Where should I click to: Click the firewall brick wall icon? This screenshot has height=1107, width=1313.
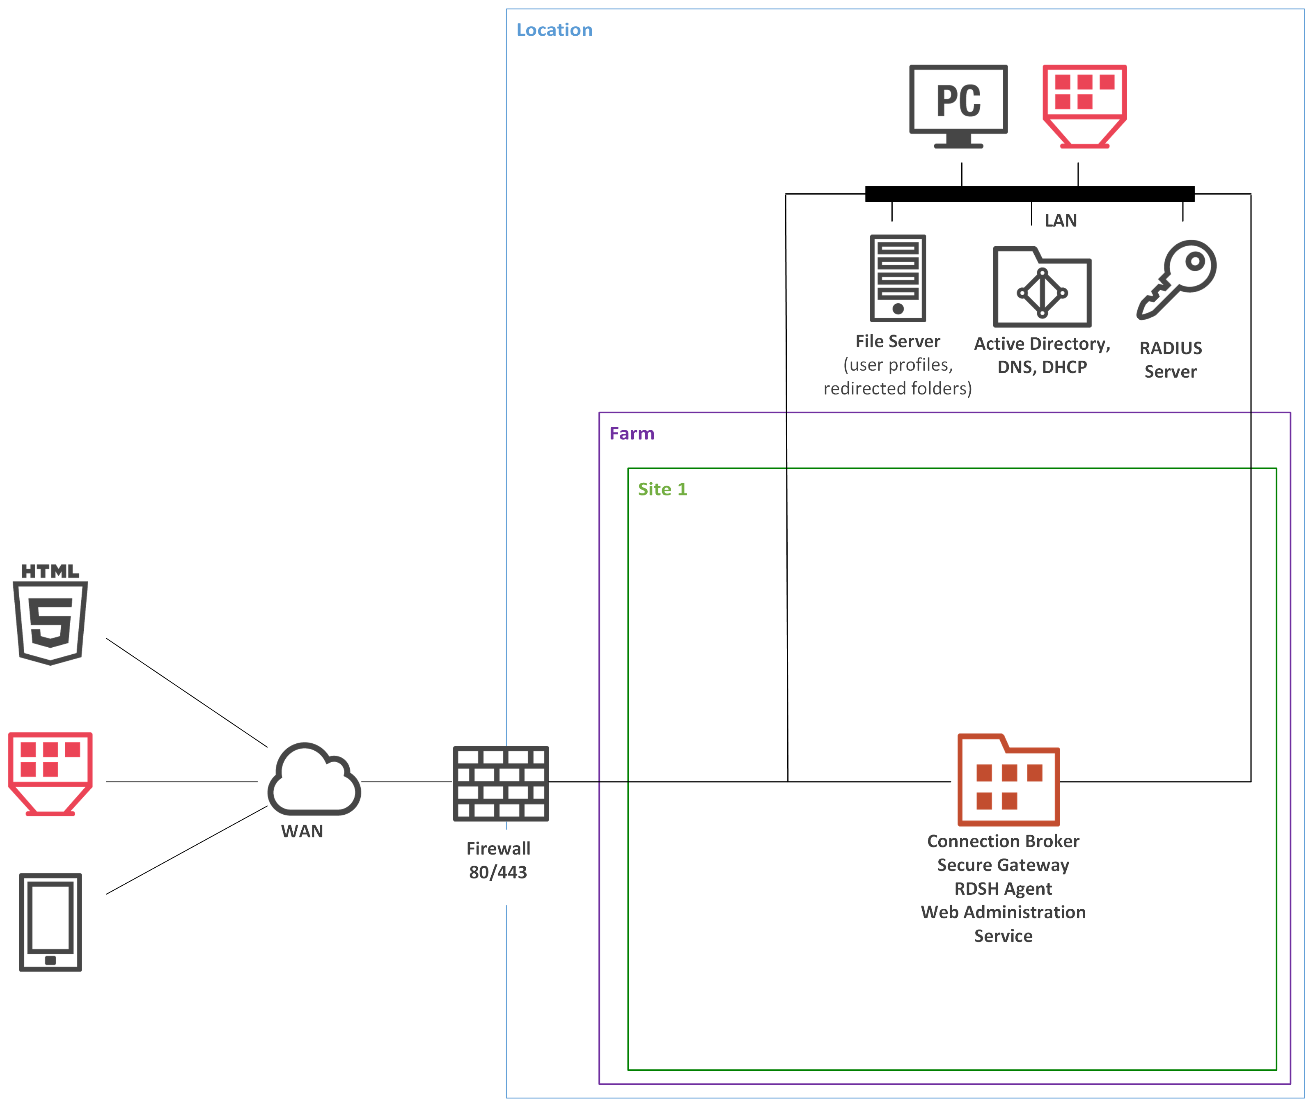[x=500, y=783]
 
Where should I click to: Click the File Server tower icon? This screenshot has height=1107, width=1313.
[x=898, y=278]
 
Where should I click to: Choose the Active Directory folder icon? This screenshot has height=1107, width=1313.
[x=1041, y=287]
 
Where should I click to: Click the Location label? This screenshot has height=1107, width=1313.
[x=554, y=30]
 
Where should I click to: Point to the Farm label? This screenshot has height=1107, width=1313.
[x=631, y=433]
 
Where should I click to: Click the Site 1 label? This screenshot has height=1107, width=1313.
[x=662, y=490]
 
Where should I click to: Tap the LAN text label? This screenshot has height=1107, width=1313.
[x=1060, y=221]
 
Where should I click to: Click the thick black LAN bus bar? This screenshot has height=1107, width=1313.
[x=1029, y=194]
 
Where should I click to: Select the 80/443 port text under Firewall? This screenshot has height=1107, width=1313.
[x=498, y=872]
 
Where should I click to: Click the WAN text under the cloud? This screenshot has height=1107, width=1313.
[x=302, y=832]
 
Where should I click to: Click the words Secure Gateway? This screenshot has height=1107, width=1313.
[x=1002, y=865]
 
